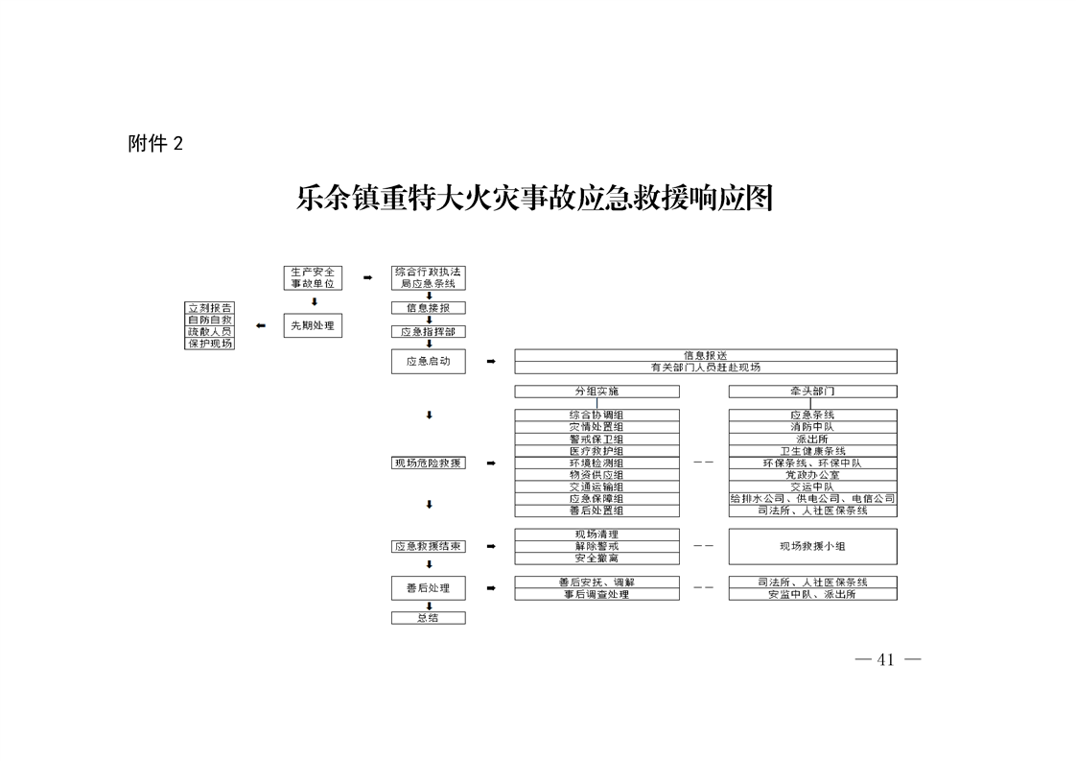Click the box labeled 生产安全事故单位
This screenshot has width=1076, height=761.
click(313, 277)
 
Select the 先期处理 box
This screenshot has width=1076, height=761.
click(313, 325)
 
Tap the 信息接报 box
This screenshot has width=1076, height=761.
click(429, 308)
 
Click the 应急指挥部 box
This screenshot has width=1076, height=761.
click(429, 332)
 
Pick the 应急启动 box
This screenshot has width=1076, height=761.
click(429, 361)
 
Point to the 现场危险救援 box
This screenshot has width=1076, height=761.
click(429, 463)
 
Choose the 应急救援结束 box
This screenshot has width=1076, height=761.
click(429, 547)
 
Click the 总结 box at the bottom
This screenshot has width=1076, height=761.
click(429, 618)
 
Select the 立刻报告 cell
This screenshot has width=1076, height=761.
click(210, 308)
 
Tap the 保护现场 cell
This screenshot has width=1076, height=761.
click(210, 344)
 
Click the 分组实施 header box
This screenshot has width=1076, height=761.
click(597, 392)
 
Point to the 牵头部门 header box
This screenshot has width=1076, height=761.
click(812, 392)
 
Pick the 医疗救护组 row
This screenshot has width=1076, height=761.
click(597, 451)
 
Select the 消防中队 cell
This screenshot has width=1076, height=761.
click(812, 427)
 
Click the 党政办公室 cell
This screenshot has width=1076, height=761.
click(812, 475)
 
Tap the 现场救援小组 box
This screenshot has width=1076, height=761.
click(812, 547)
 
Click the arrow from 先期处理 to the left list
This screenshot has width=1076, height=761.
click(261, 325)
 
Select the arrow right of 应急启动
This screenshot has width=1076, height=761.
click(491, 361)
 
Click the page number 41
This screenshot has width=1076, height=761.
click(886, 660)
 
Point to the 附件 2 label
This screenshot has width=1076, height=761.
click(155, 144)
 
